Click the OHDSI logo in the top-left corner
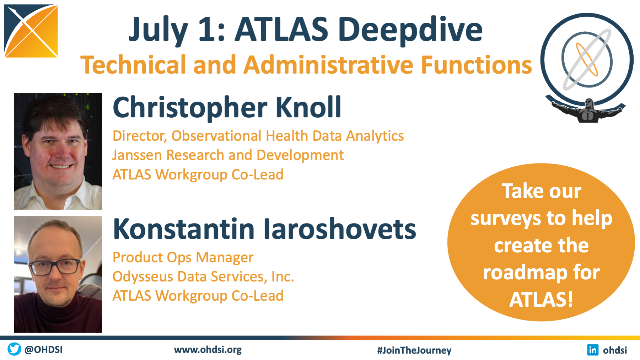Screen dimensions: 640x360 [31, 31]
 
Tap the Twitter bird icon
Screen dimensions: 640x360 [14, 349]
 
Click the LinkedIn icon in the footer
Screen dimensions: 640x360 [593, 350]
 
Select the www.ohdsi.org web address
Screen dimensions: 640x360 [208, 350]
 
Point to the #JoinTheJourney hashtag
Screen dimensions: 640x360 [414, 350]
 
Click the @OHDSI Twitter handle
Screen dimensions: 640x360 [44, 349]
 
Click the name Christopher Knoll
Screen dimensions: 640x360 [227, 107]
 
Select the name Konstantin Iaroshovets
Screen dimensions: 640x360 [264, 229]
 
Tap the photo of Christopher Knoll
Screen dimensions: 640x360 [58, 151]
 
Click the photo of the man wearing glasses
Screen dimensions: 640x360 [58, 274]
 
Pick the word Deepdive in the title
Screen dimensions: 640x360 [410, 30]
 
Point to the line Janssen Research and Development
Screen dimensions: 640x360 [228, 155]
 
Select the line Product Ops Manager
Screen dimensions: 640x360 [183, 258]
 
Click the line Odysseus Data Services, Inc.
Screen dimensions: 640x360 [203, 276]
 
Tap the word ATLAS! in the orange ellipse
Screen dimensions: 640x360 [541, 299]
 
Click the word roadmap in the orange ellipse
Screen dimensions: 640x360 [525, 273]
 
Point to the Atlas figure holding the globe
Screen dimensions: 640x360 [588, 111]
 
